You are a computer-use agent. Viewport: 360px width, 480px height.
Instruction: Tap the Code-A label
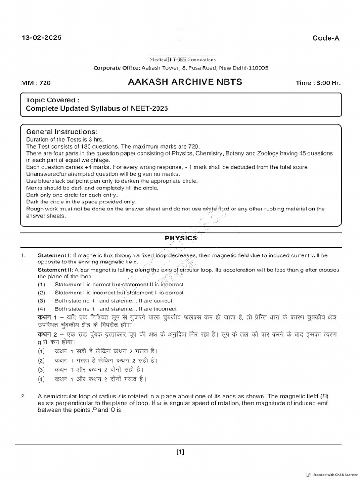point(326,38)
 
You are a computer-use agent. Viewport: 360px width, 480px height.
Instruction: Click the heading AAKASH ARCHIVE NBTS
point(185,82)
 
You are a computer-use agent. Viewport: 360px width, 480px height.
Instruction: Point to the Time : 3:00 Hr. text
point(318,83)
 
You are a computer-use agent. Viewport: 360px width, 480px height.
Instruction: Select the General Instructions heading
point(61,132)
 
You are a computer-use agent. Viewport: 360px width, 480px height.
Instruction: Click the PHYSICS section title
point(181,238)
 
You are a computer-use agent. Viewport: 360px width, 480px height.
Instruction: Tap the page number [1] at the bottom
point(180,452)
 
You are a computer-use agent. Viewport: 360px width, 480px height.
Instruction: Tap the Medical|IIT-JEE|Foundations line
point(182,60)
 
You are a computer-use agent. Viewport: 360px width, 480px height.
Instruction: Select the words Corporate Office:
point(116,67)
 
